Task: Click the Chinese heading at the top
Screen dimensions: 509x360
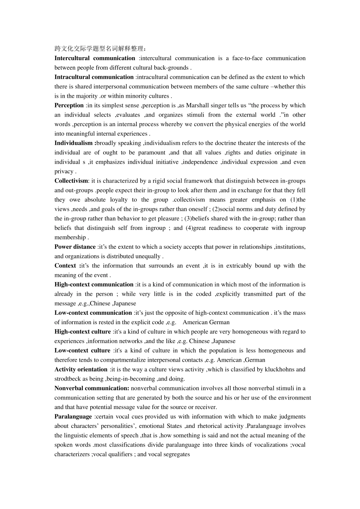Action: tap(100, 48)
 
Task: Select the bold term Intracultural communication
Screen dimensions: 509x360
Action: tap(94, 77)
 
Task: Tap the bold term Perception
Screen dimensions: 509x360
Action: tap(69, 105)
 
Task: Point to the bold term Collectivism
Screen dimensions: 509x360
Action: tap(71, 181)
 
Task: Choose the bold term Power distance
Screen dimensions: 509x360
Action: tap(75, 247)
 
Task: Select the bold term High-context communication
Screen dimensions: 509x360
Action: tap(94, 284)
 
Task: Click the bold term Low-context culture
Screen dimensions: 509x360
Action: tap(82, 350)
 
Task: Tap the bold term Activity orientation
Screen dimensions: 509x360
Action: tap(81, 369)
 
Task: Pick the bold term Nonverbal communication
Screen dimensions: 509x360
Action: tap(91, 388)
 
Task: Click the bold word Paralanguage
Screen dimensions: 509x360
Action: tap(73, 417)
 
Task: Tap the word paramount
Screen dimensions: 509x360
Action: tap(152, 152)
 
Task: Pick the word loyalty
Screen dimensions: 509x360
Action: tap(119, 200)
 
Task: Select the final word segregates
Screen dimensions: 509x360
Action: tap(177, 454)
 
